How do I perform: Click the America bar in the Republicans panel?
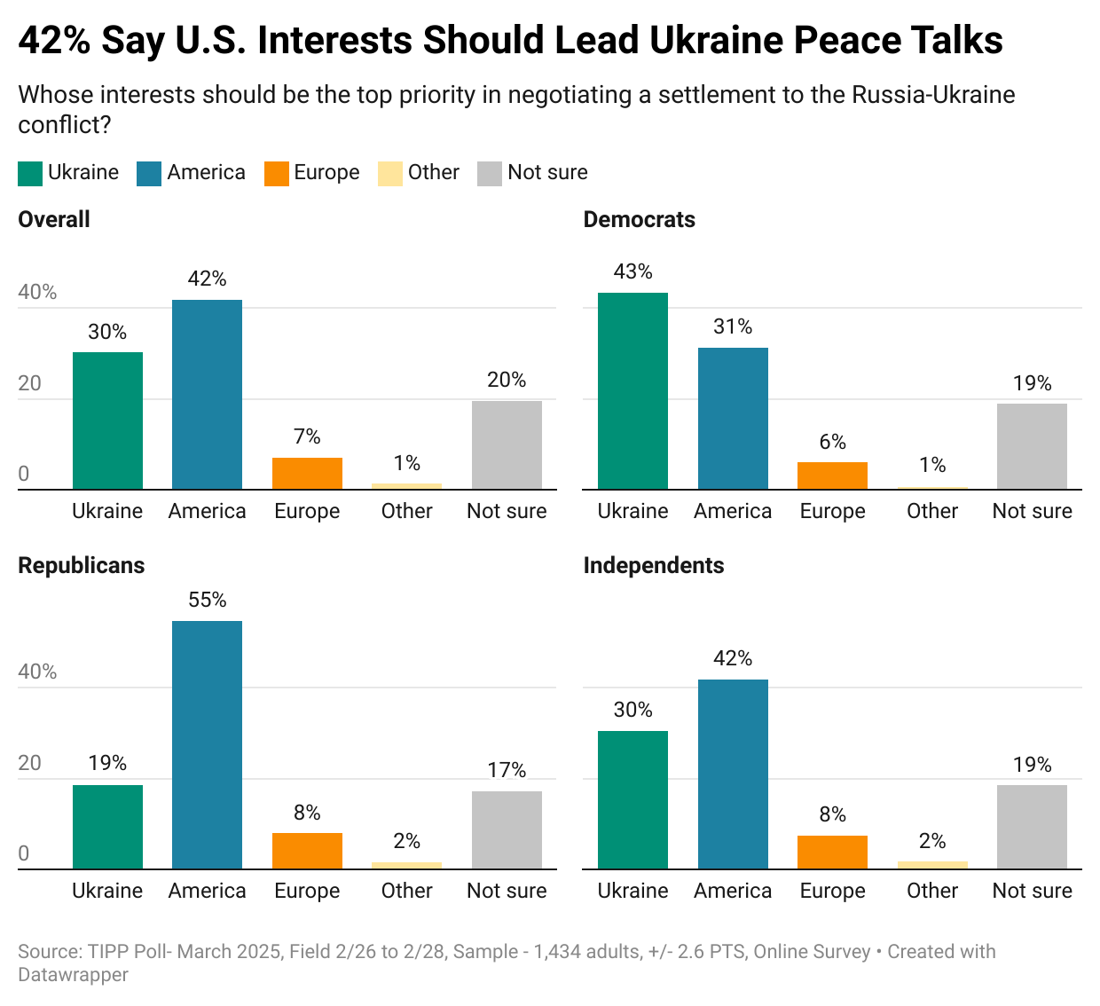coord(207,744)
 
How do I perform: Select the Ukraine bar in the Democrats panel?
coord(632,390)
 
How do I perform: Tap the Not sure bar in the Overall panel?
coord(507,444)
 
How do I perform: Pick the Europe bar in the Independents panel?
coord(832,852)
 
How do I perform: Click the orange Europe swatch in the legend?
coord(277,173)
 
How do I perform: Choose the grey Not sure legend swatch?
coord(490,173)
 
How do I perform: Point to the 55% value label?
coord(207,600)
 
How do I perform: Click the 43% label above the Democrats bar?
coord(632,271)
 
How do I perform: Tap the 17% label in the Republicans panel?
coord(507,770)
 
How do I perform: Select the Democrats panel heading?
coord(639,219)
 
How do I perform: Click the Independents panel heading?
coord(653,565)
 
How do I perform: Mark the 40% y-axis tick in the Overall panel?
coord(37,292)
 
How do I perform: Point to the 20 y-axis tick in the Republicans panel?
coord(30,763)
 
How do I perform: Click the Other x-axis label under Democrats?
coord(932,511)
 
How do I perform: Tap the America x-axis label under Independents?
coord(733,891)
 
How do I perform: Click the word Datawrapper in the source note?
coord(73,974)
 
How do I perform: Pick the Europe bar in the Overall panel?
coord(307,473)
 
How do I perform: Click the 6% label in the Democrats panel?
coord(832,442)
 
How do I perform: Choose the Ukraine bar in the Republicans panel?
coord(107,827)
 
